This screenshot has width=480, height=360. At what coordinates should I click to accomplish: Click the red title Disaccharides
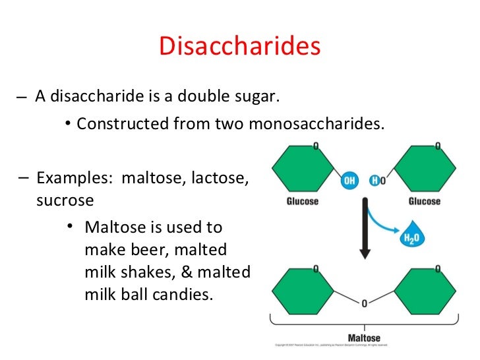tap(239, 47)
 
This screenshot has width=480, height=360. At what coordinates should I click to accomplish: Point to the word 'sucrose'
tap(65, 200)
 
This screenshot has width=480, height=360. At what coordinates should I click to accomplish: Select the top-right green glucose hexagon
tap(424, 169)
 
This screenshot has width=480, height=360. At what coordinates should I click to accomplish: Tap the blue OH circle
tap(349, 181)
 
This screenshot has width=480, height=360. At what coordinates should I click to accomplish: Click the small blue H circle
tap(374, 181)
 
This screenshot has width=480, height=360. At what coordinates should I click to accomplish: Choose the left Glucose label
tap(301, 201)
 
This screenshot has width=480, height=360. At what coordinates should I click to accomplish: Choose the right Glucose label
tap(424, 201)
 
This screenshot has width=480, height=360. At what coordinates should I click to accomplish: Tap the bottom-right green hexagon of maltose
tap(424, 291)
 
